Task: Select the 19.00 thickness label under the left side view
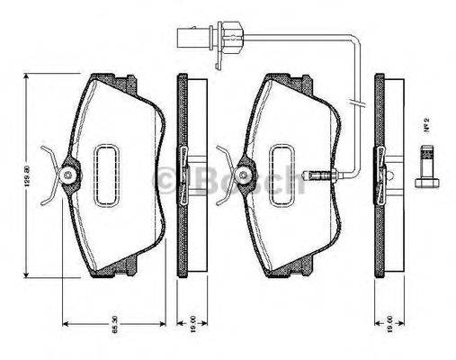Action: pyautogui.click(x=192, y=334)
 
